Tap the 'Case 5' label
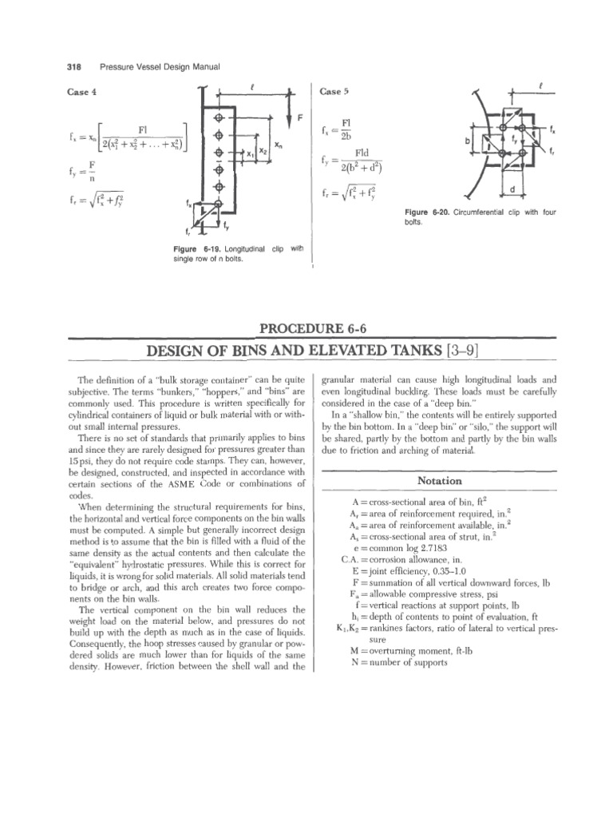pos(334,92)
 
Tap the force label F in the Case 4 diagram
pos(300,117)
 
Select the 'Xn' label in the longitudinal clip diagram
pos(277,147)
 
